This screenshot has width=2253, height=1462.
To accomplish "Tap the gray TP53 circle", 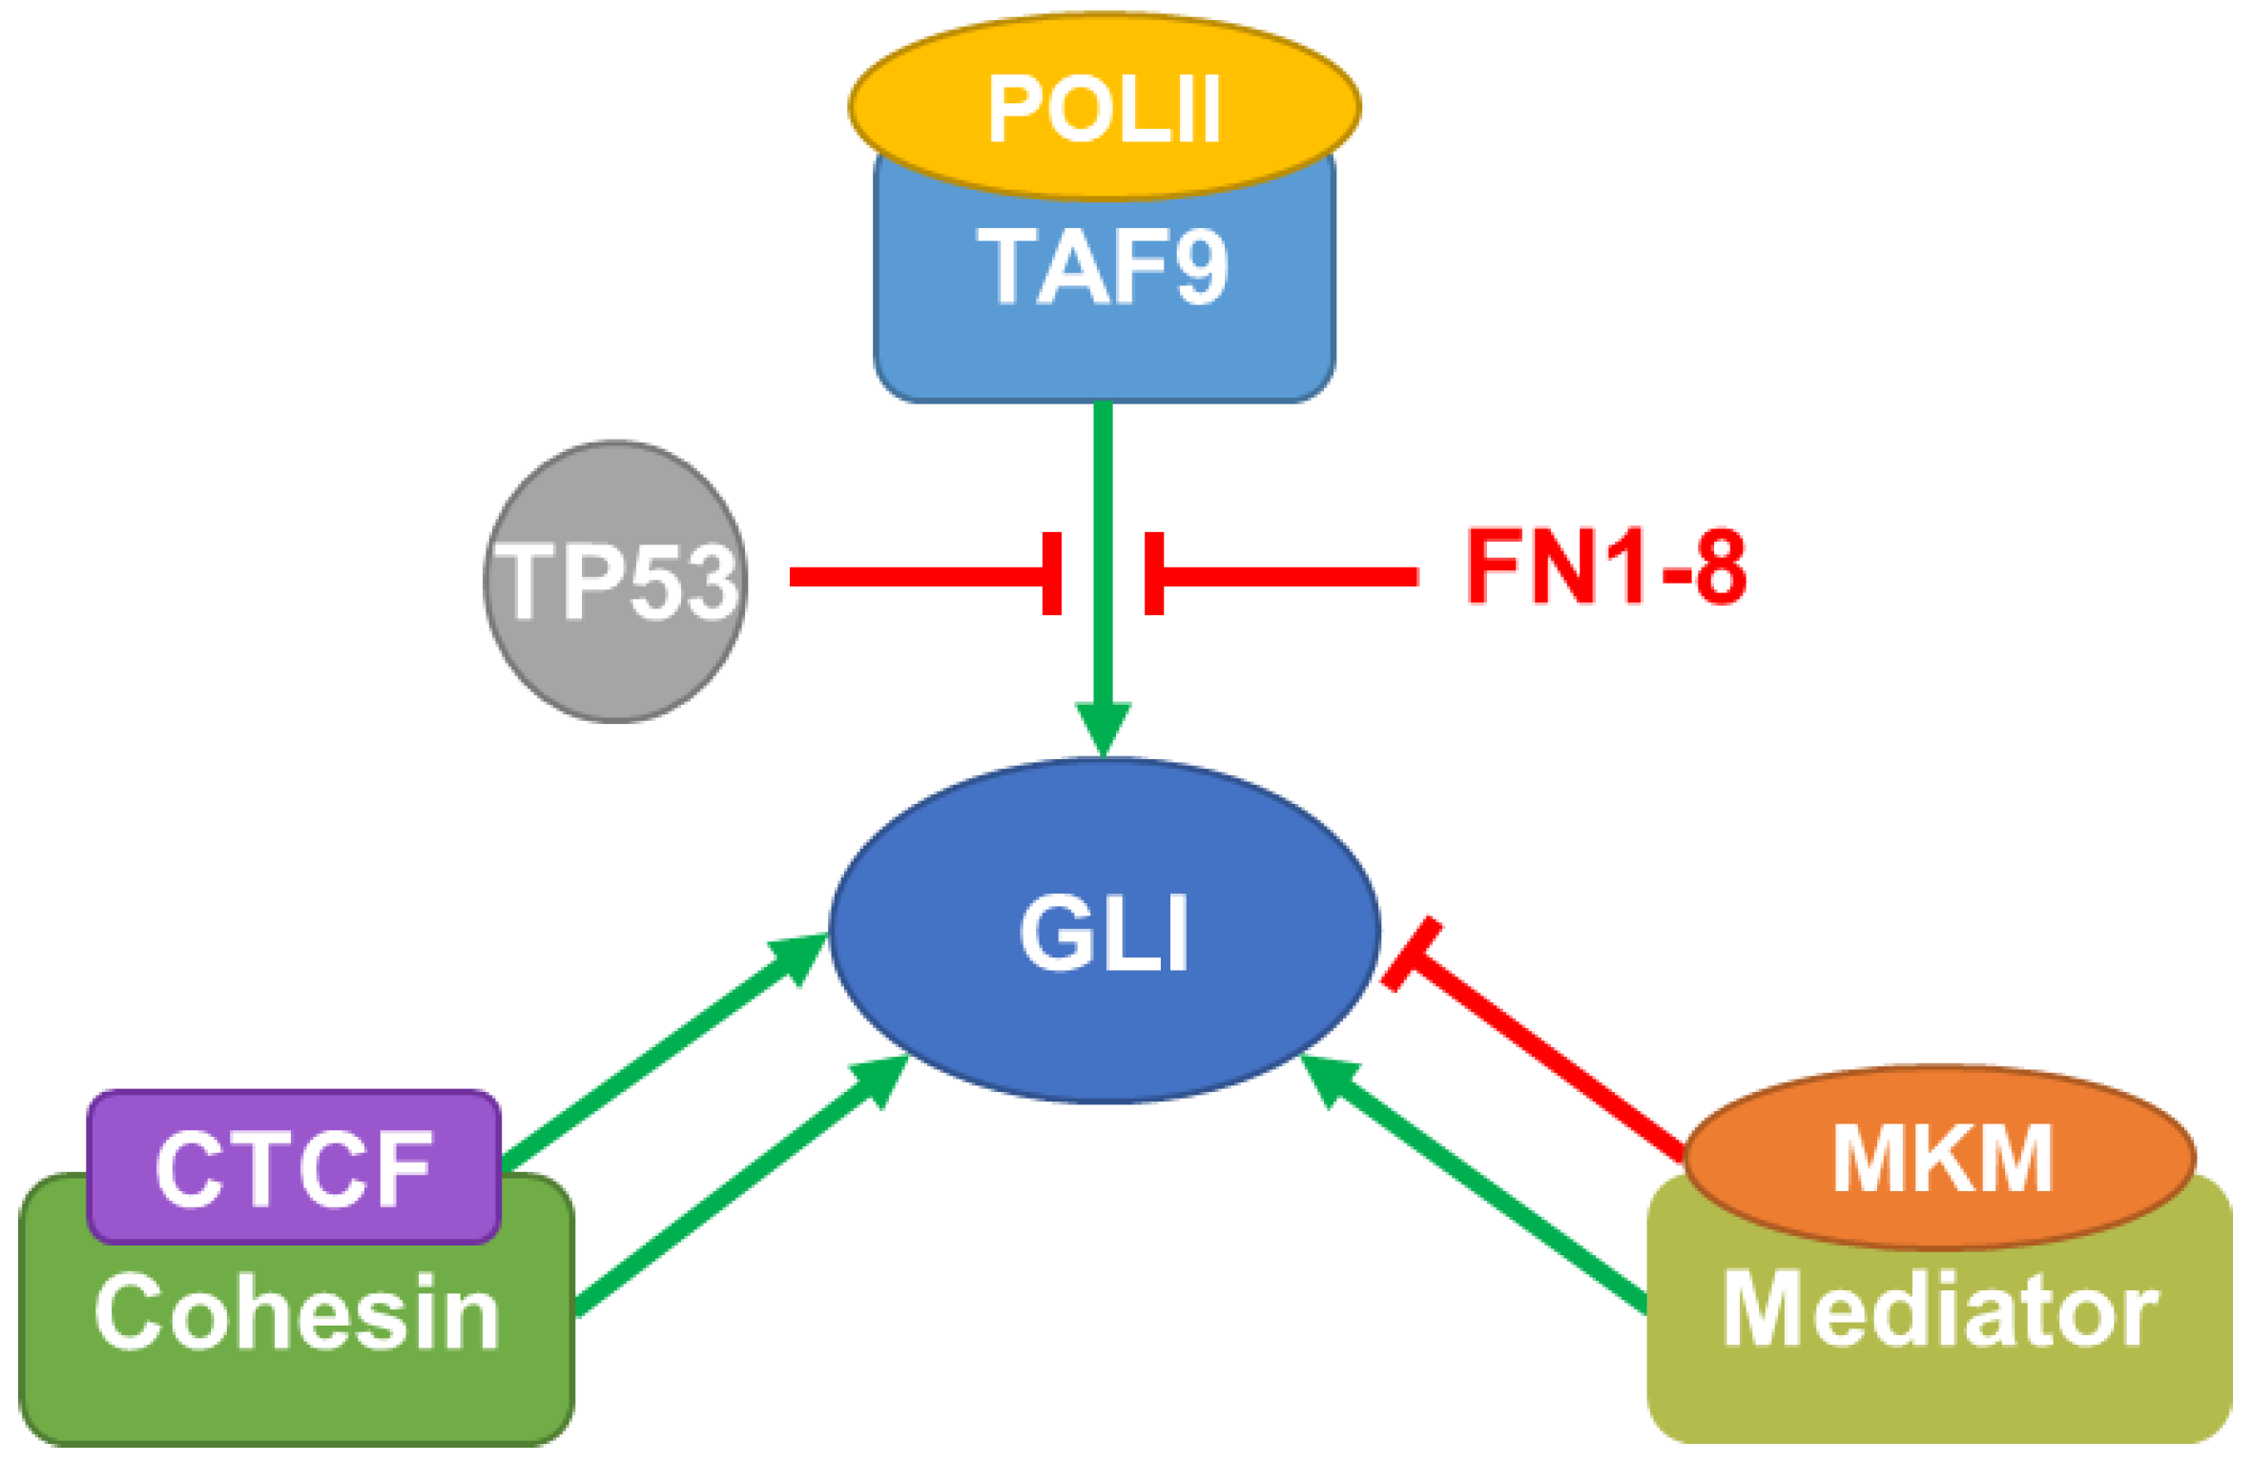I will pyautogui.click(x=615, y=581).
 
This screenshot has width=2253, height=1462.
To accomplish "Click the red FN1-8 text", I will pyautogui.click(x=1606, y=567).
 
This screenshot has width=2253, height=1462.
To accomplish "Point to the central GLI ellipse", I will pyautogui.click(x=1104, y=932).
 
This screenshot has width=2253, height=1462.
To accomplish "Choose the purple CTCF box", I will pyautogui.click(x=293, y=1166).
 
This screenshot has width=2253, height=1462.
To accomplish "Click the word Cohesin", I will pyautogui.click(x=297, y=1314).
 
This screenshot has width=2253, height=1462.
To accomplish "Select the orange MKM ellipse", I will pyautogui.click(x=1941, y=1157).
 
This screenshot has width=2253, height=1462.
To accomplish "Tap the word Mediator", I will pyautogui.click(x=1939, y=1310).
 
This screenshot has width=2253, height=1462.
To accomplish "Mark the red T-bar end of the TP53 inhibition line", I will pyautogui.click(x=1052, y=573).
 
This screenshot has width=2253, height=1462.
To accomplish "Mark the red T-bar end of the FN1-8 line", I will pyautogui.click(x=1154, y=573).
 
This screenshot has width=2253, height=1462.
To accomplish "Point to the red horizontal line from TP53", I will pyautogui.click(x=916, y=576).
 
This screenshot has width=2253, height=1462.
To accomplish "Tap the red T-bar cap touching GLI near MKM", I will pyautogui.click(x=1412, y=955).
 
